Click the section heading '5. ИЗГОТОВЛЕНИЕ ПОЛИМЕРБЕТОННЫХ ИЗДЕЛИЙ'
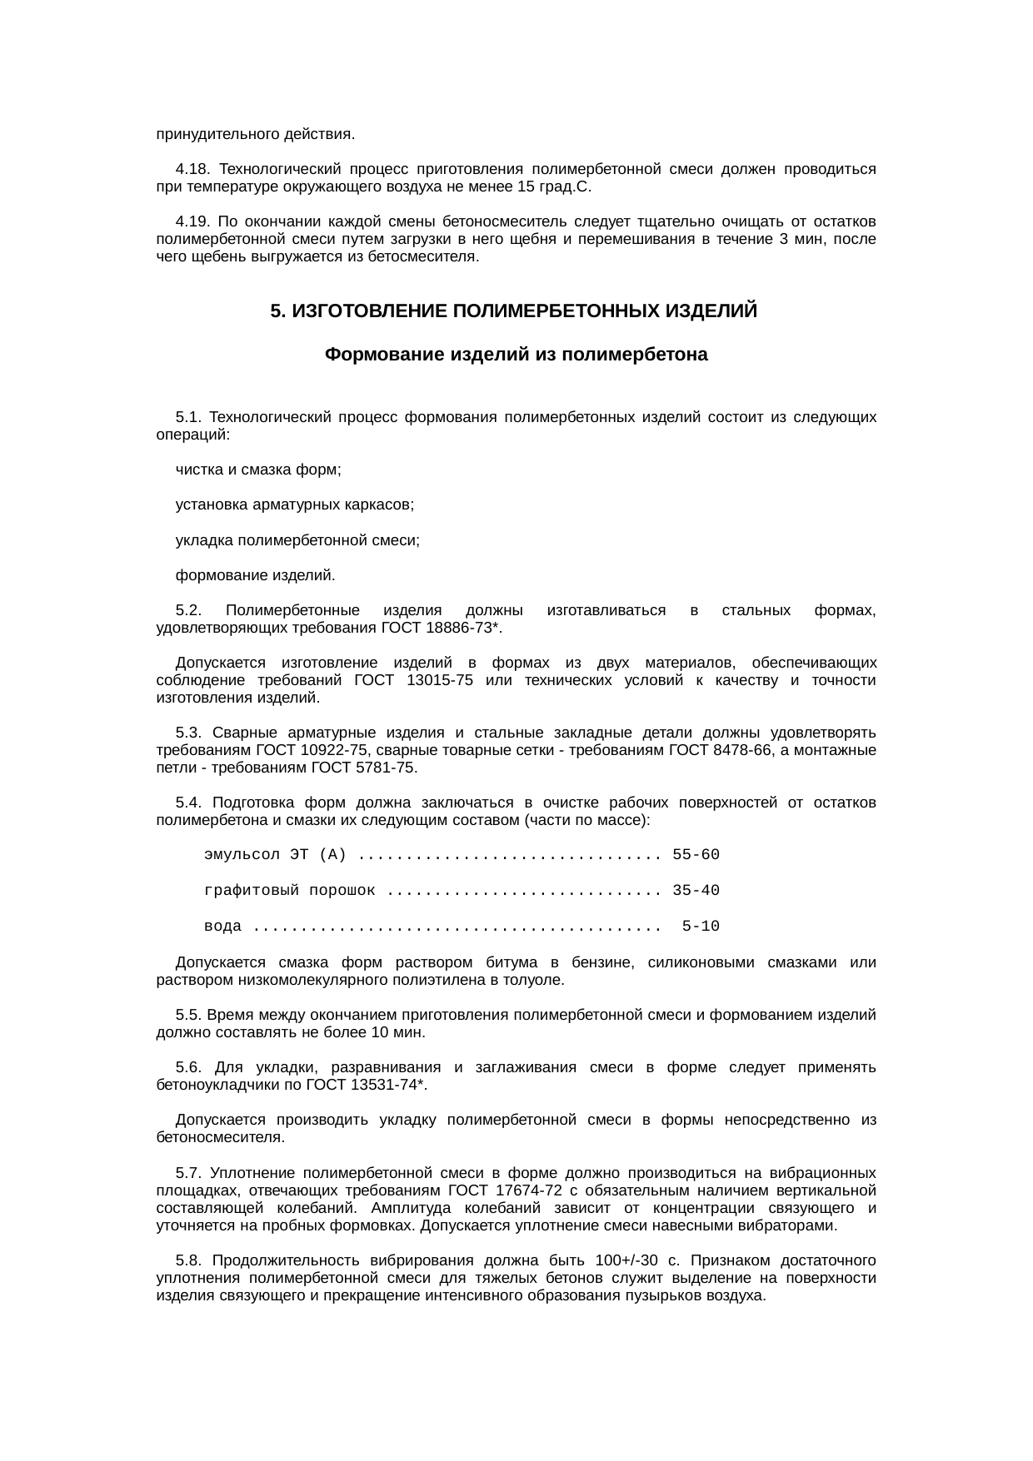[514, 311]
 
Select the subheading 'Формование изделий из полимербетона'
[516, 355]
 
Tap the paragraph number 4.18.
[192, 169]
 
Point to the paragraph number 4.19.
[192, 221]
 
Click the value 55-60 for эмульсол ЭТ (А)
[696, 855]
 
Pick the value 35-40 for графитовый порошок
[696, 891]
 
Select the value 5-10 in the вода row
[701, 927]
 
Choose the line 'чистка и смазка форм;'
[258, 470]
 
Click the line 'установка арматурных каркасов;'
[295, 504]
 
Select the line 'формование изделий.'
[256, 575]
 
